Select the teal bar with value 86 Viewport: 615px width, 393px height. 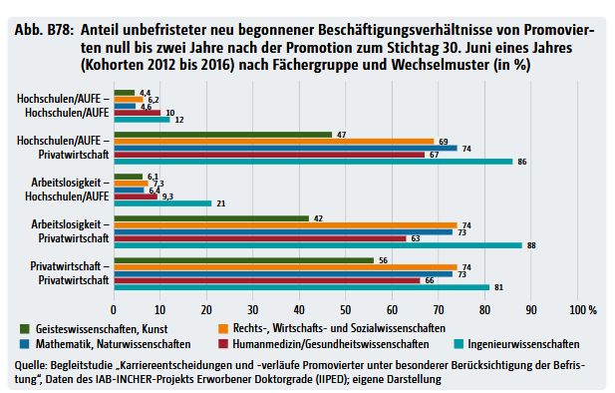click(313, 161)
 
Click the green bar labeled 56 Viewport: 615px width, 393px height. click(243, 259)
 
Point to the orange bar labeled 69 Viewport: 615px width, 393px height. click(273, 140)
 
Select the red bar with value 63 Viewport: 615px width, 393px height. click(259, 238)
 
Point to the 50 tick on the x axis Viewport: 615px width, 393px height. click(346, 308)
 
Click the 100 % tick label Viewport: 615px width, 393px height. click(583, 308)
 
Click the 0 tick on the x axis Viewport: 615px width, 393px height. click(114, 308)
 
